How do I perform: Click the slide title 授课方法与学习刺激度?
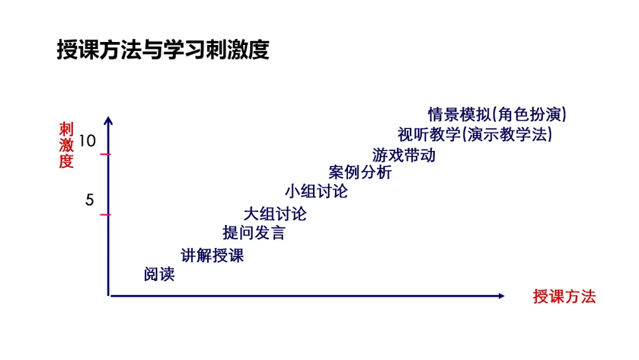click(163, 50)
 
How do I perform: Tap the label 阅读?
click(159, 275)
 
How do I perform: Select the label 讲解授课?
click(212, 256)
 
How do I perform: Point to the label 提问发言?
click(253, 233)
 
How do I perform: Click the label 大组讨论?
click(275, 214)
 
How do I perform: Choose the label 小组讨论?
click(316, 191)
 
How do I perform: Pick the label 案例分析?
click(360, 173)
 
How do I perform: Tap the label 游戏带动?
click(404, 155)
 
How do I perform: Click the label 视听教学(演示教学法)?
click(475, 134)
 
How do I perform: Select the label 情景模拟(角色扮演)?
click(497, 114)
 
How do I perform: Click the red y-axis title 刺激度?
click(66, 145)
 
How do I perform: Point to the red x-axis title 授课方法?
click(564, 297)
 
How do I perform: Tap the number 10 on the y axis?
click(86, 141)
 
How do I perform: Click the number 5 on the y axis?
click(89, 200)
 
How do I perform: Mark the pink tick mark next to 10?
click(105, 155)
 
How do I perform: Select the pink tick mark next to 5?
click(105, 214)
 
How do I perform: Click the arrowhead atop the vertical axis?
click(108, 120)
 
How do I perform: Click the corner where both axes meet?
click(109, 295)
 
